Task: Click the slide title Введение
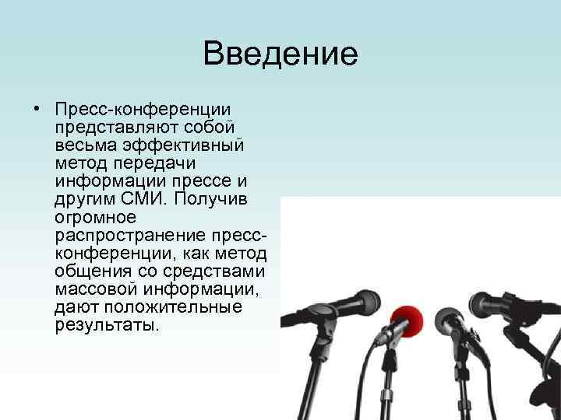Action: [280, 54]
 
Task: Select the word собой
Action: [219, 126]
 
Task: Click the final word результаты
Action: [107, 325]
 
